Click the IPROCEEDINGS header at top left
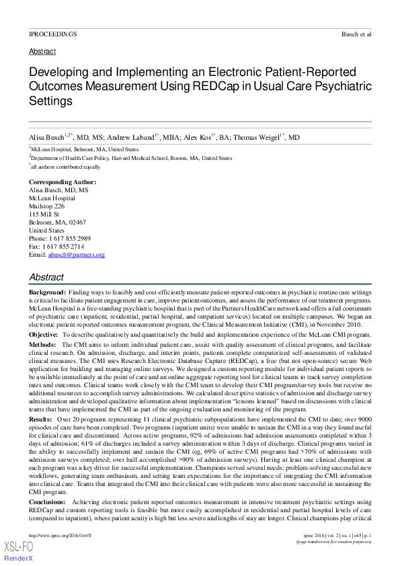(x=52, y=33)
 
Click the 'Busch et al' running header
(x=356, y=33)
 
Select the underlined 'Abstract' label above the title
(x=42, y=51)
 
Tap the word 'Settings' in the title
(x=50, y=102)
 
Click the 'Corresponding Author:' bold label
(x=63, y=182)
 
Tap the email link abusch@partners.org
(x=76, y=255)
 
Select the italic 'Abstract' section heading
(x=46, y=277)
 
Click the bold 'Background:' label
(x=48, y=293)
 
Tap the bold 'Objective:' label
(x=43, y=333)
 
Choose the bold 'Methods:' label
(x=42, y=344)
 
